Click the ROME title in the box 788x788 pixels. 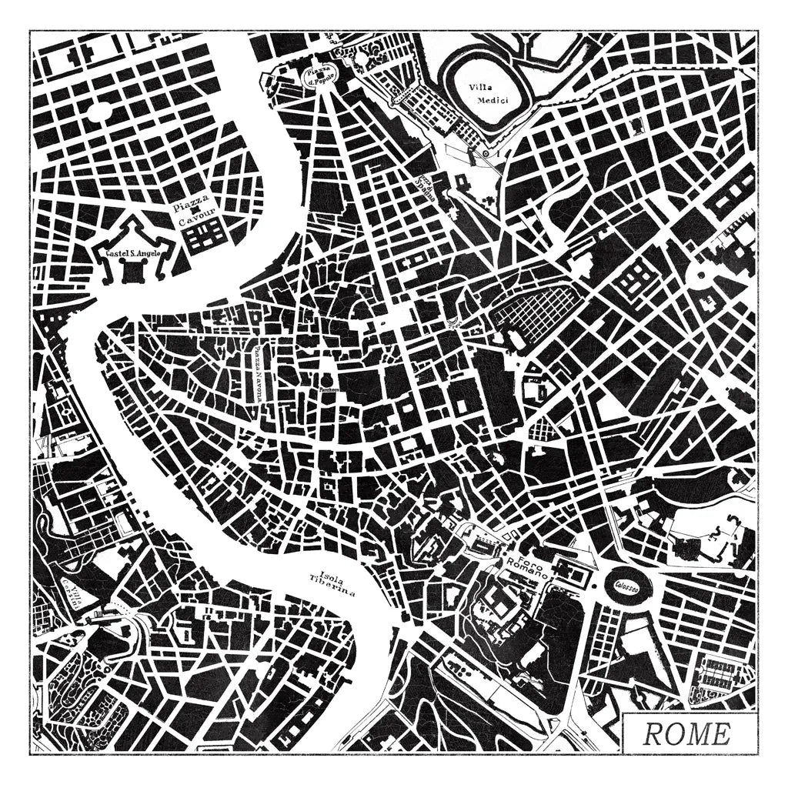tap(686, 733)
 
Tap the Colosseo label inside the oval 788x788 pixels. tap(629, 585)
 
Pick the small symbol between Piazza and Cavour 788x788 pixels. tap(195, 210)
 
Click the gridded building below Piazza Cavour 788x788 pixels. tap(204, 238)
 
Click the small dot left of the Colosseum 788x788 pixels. tap(593, 583)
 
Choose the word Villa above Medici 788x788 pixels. tap(479, 87)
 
